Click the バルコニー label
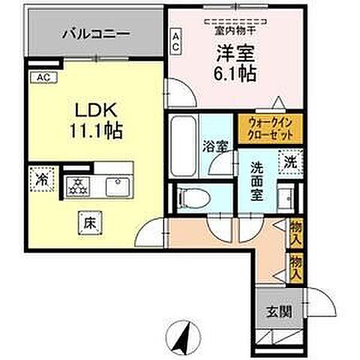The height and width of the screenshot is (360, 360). (95, 34)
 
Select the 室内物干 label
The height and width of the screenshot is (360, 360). (231, 31)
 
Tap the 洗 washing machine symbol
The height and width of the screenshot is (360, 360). (288, 160)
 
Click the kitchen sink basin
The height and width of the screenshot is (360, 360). (117, 184)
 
